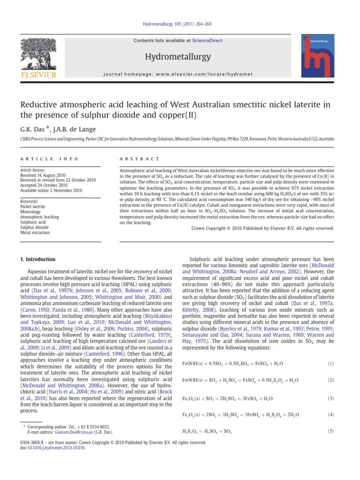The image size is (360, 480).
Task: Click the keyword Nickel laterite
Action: tap(33, 206)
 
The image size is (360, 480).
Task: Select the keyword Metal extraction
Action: tap(36, 232)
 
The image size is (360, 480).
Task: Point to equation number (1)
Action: tap(330, 363)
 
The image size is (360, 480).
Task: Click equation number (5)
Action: tap(330, 430)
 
